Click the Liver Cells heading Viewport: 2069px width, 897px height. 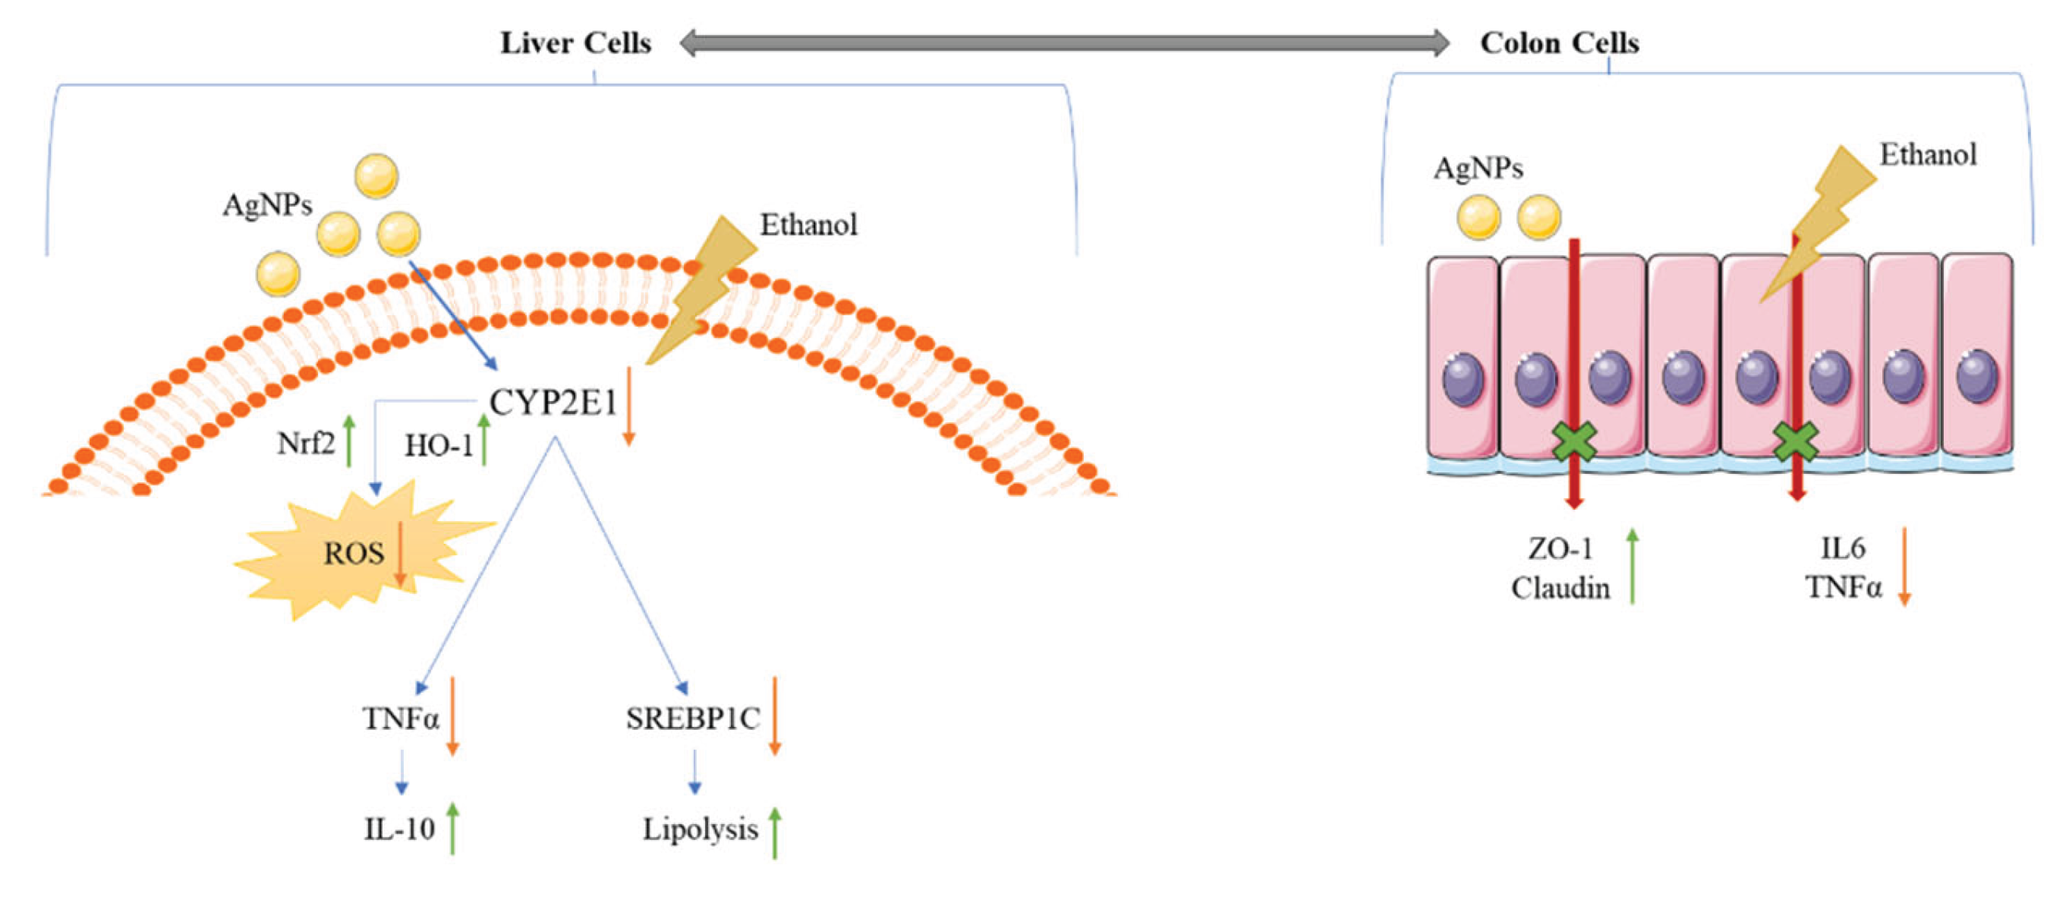pyautogui.click(x=575, y=43)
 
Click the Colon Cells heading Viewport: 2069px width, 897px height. pyautogui.click(x=1559, y=43)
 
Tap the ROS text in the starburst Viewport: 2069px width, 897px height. pyautogui.click(x=354, y=554)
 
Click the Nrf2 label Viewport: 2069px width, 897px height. pyautogui.click(x=305, y=444)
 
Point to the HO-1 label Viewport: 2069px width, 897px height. pyautogui.click(x=439, y=445)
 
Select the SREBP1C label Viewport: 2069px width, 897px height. pyautogui.click(x=692, y=719)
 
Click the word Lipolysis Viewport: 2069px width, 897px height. pyautogui.click(x=700, y=829)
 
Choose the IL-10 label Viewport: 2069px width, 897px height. pyautogui.click(x=399, y=829)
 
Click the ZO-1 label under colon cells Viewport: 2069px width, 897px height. pyautogui.click(x=1560, y=549)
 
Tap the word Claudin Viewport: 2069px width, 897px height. pyautogui.click(x=1560, y=589)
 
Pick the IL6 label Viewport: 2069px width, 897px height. pyautogui.click(x=1843, y=549)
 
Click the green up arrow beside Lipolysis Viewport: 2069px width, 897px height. pyautogui.click(x=774, y=833)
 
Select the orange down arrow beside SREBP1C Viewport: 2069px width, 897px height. pyautogui.click(x=774, y=715)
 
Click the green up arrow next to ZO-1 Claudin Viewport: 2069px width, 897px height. pyautogui.click(x=1632, y=566)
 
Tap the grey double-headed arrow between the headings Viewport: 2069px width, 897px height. pyautogui.click(x=1064, y=43)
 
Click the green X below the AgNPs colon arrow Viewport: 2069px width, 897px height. pyautogui.click(x=1573, y=442)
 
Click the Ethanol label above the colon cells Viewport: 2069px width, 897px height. pyautogui.click(x=1928, y=154)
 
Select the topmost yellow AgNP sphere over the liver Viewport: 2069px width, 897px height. pyautogui.click(x=376, y=176)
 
